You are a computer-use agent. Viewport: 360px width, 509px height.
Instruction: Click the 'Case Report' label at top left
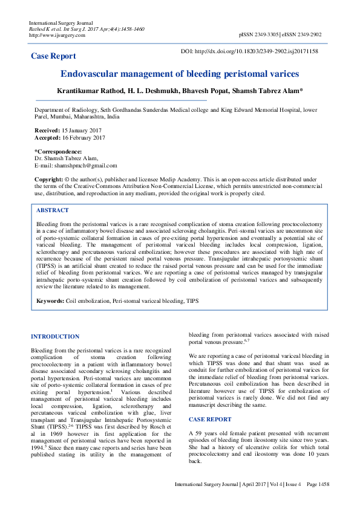(53, 56)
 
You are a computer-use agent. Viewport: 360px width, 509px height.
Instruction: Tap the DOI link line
(249, 51)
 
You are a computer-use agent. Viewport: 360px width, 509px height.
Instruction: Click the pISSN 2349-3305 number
(259, 36)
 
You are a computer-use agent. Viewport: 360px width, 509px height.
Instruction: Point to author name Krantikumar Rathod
(90, 90)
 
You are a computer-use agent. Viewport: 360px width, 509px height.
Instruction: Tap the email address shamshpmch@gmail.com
(84, 165)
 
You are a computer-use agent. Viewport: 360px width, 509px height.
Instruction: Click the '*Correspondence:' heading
(58, 151)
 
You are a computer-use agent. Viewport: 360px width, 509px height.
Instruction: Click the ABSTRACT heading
(53, 210)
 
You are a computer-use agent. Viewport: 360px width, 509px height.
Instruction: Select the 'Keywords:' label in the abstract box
(50, 300)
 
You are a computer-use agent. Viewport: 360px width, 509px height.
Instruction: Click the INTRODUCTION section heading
(55, 336)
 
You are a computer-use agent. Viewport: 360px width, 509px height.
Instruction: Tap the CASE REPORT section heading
(209, 402)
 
